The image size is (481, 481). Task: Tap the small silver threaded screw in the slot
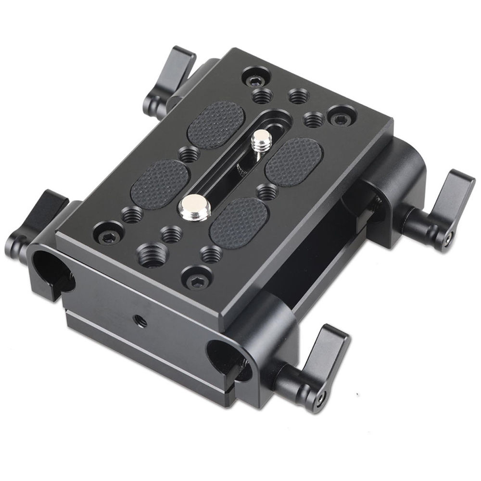[x=262, y=140]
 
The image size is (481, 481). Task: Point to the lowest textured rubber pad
[x=239, y=222]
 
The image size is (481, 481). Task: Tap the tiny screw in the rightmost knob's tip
[x=449, y=237]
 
